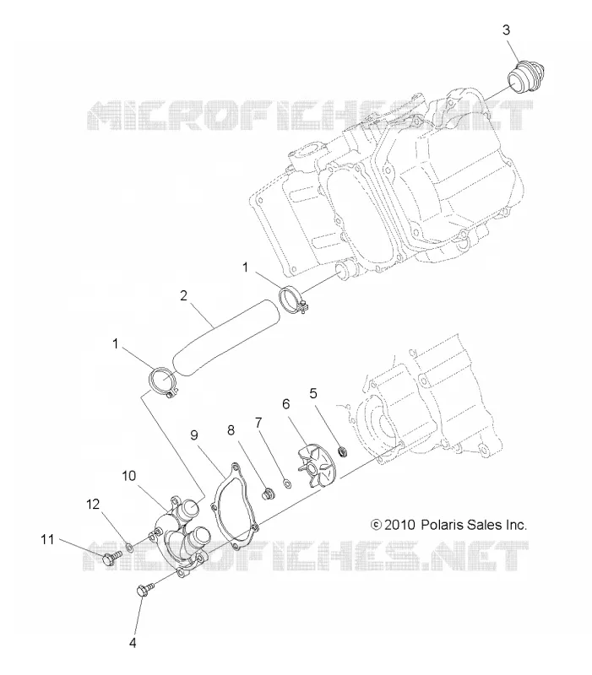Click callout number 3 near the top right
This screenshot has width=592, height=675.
[x=506, y=30]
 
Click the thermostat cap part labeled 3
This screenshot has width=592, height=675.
[x=524, y=77]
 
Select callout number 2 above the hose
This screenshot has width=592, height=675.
[x=184, y=296]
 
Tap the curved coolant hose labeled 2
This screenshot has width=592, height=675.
[x=225, y=337]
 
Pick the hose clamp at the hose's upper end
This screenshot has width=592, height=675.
[x=293, y=299]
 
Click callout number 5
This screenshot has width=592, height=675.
[x=313, y=393]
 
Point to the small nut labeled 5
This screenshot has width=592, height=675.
[x=344, y=452]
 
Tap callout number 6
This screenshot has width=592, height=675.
[x=286, y=404]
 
